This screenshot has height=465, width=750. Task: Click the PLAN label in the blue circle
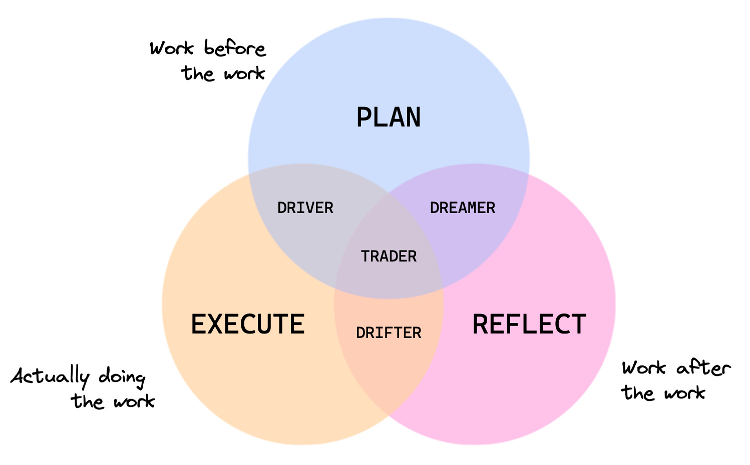(389, 117)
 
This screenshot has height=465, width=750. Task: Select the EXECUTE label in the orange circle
(248, 324)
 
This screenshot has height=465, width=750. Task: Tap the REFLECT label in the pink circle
(529, 324)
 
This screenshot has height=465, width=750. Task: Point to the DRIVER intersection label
(305, 208)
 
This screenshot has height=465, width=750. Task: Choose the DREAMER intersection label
(463, 208)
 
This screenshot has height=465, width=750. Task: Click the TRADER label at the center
(389, 256)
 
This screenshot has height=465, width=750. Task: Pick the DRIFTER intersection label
(389, 333)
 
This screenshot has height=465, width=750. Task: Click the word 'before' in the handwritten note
(235, 49)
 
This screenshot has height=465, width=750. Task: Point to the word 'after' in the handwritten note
(703, 368)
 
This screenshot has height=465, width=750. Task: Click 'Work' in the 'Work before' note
(172, 49)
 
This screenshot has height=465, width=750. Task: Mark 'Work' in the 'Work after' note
(644, 368)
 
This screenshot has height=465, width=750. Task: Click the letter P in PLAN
(364, 117)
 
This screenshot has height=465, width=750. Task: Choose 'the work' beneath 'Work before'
(223, 73)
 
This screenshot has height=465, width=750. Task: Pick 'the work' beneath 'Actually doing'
(113, 401)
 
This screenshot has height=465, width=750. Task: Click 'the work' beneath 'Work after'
(664, 393)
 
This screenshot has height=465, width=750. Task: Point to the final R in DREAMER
(491, 208)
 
